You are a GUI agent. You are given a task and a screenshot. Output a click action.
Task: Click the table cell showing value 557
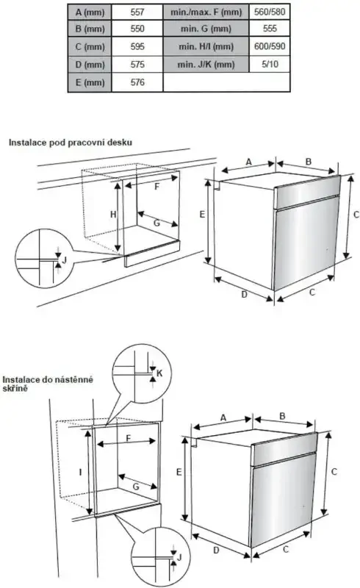pyautogui.click(x=136, y=12)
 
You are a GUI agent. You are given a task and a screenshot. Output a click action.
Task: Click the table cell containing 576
pyautogui.click(x=136, y=82)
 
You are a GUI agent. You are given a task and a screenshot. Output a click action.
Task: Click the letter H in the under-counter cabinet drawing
pyautogui.click(x=113, y=214)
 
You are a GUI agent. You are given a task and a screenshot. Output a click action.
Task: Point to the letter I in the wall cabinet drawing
pyautogui.click(x=80, y=473)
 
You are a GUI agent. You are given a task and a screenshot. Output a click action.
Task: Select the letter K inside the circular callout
pyautogui.click(x=160, y=374)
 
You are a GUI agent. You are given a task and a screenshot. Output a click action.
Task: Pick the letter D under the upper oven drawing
pyautogui.click(x=245, y=295)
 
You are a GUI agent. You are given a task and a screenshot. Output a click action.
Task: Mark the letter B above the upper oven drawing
pyautogui.click(x=309, y=161)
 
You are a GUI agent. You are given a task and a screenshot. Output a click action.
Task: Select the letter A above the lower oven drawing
pyautogui.click(x=223, y=417)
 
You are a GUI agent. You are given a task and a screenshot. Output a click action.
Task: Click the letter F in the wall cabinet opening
pyautogui.click(x=129, y=439)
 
